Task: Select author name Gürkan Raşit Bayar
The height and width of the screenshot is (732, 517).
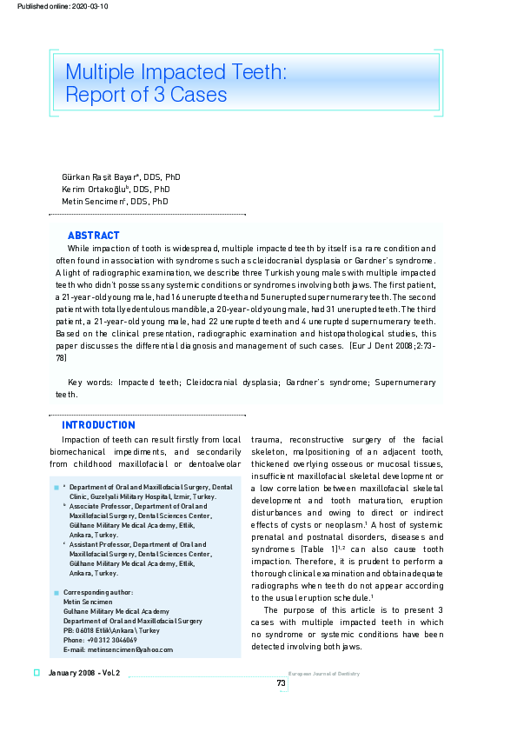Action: [x=98, y=177]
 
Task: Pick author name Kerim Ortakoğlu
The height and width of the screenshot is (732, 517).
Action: [x=94, y=190]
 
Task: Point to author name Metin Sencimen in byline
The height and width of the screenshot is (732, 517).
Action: [x=93, y=202]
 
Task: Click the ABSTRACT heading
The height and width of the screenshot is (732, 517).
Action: [x=93, y=236]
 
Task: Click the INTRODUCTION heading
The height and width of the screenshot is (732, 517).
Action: [x=98, y=425]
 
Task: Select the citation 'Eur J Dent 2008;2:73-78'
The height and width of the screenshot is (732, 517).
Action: [x=382, y=346]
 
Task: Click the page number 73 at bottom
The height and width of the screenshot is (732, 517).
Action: [x=281, y=683]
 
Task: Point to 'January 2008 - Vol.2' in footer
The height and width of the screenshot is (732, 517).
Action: [x=84, y=674]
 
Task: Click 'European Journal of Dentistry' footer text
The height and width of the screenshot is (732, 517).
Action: [x=323, y=674]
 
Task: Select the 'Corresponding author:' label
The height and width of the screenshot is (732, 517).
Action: [x=98, y=592]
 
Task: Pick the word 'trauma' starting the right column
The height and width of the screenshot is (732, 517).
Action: [x=266, y=440]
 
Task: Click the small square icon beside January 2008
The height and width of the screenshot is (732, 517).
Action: [x=37, y=674]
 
